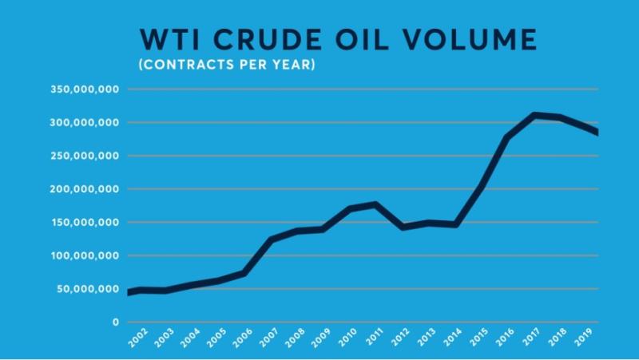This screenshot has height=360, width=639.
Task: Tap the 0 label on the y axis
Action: [x=116, y=322]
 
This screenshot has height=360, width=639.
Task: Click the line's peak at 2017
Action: [x=534, y=115]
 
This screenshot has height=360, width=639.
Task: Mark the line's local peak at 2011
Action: [x=374, y=205]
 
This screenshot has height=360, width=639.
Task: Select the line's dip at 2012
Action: [x=403, y=227]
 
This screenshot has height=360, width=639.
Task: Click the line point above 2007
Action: [x=272, y=239]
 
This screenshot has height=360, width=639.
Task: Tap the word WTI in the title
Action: [x=166, y=39]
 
